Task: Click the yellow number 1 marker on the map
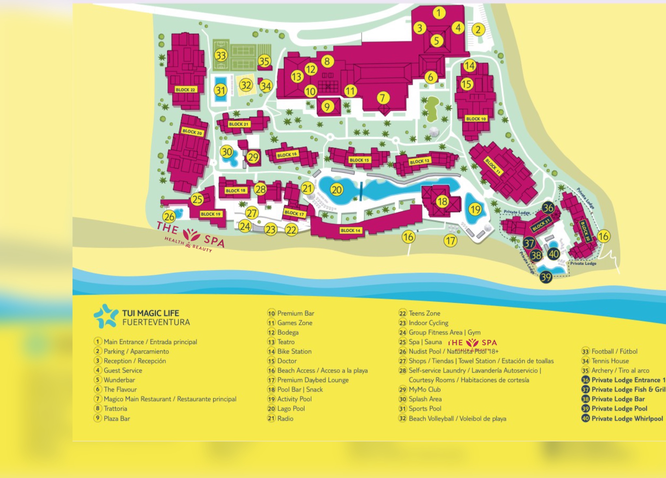pos(439,13)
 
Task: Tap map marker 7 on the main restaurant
pos(383,98)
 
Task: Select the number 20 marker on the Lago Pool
pos(337,190)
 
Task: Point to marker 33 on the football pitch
pos(221,56)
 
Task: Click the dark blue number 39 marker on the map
pos(546,277)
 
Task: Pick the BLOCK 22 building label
pos(185,89)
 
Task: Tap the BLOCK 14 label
pos(350,231)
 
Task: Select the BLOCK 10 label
pos(476,119)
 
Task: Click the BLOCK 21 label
pos(238,124)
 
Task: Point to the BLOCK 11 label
pos(493,166)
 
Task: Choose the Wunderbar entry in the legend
pos(119,380)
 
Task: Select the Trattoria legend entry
pos(115,408)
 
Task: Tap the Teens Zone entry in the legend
pos(424,313)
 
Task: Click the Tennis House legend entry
pos(610,361)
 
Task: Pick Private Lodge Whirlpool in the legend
pos(627,418)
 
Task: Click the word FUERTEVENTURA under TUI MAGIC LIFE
pos(156,322)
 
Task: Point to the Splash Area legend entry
pos(425,399)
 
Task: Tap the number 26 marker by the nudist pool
pos(169,217)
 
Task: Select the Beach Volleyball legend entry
pos(457,418)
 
